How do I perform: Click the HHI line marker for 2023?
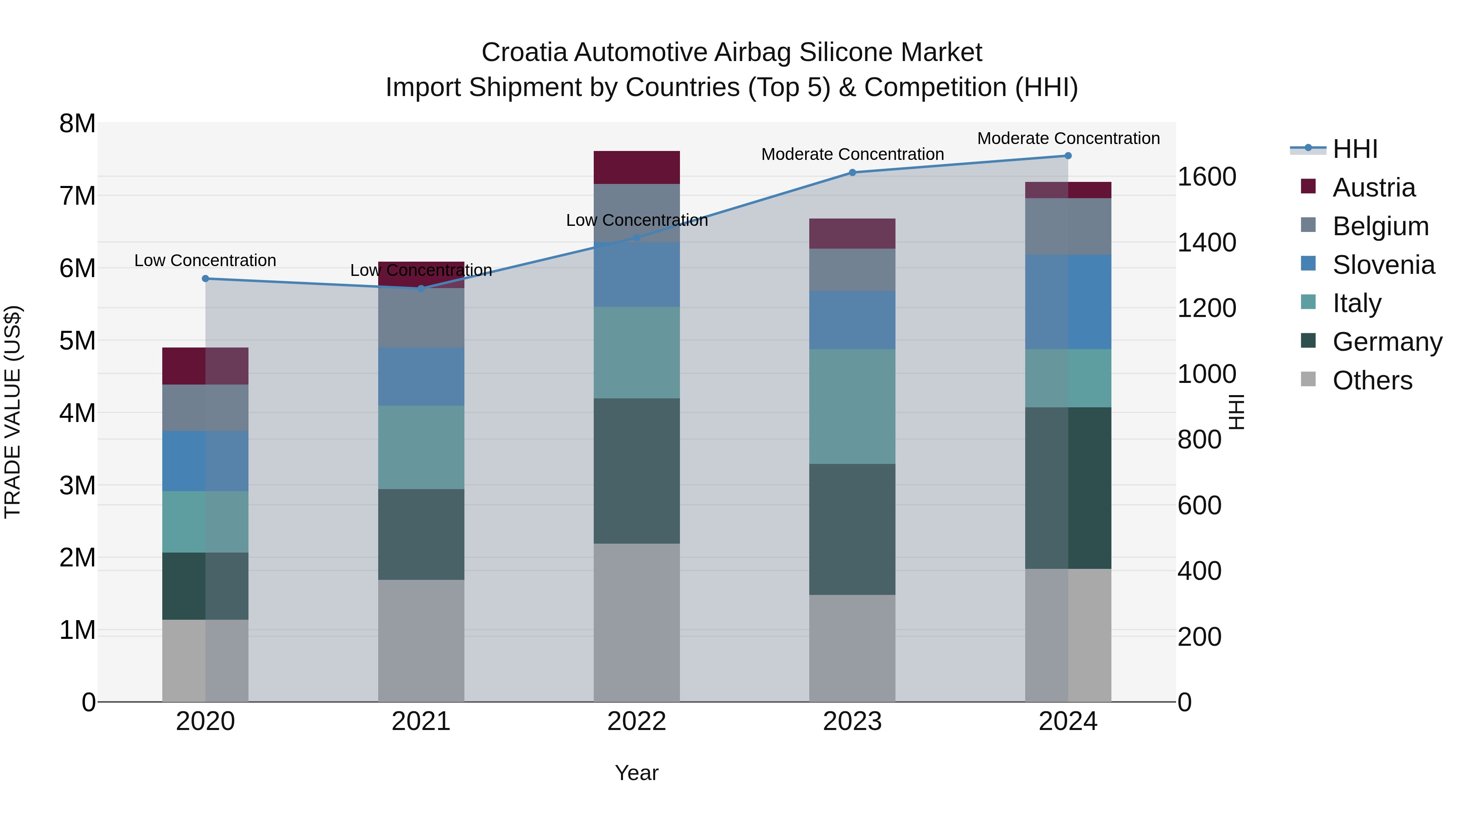coord(852,172)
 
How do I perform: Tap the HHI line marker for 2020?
coord(206,279)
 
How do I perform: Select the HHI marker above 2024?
coord(1068,156)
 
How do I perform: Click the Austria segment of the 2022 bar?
coord(636,167)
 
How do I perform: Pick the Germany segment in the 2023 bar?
coord(852,529)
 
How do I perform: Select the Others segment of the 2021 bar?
coord(421,640)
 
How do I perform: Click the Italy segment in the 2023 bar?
coord(852,406)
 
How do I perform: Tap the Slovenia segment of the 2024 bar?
coord(1068,302)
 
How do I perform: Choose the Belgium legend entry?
coord(1380,226)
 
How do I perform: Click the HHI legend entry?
coord(1355,149)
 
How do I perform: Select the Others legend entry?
coord(1372,380)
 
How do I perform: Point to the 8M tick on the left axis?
coord(77,123)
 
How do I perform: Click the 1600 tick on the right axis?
coord(1206,177)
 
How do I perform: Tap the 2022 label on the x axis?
coord(636,721)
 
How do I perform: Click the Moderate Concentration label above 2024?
coord(1068,138)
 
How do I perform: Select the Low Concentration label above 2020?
coord(205,260)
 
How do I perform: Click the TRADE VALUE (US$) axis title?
coord(13,412)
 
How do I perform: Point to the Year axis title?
coord(636,773)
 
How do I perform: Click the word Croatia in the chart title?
coord(524,52)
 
